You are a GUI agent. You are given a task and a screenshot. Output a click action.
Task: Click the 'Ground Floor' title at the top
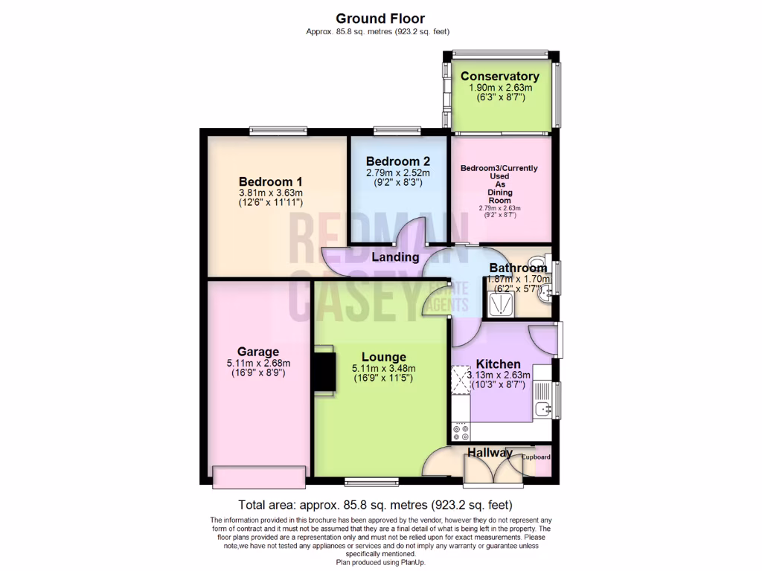[380, 18]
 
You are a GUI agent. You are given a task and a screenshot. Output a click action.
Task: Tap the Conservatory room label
[499, 77]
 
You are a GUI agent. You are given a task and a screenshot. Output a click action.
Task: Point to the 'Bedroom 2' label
[398, 161]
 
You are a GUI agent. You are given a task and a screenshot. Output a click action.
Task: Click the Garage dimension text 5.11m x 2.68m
[258, 364]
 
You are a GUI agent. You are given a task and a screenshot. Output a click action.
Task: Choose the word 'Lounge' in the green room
[384, 357]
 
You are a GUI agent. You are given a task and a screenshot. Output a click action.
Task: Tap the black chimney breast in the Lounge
[324, 372]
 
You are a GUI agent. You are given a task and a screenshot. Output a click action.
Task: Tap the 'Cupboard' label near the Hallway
[536, 457]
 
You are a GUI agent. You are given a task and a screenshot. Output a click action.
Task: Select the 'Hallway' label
[490, 453]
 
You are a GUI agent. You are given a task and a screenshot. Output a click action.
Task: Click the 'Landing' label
[396, 257]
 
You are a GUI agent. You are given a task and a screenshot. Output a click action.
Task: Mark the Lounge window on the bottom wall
[371, 480]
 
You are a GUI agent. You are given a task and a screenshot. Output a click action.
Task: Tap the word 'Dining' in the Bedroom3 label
[500, 192]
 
